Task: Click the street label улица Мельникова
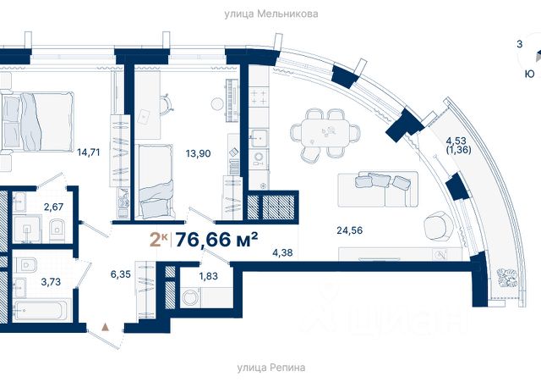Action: [x=271, y=14]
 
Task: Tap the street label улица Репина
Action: [x=271, y=367]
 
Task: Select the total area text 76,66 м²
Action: [x=216, y=240]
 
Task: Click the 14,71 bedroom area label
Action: [x=89, y=152]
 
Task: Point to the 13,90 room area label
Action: [x=198, y=153]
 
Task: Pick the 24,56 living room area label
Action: [x=349, y=230]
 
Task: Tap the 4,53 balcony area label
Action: [x=456, y=141]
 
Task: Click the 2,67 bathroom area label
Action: [x=53, y=207]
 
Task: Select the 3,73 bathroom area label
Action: [x=51, y=282]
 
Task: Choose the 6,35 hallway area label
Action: [x=120, y=274]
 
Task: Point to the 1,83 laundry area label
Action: [x=208, y=276]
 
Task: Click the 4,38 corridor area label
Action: [x=282, y=253]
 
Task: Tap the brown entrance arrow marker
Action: [x=106, y=327]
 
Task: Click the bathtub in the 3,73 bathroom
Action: [x=41, y=311]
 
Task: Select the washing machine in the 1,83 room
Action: [x=190, y=297]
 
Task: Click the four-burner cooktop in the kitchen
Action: [x=259, y=97]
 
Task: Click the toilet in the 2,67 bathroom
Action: [x=57, y=230]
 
